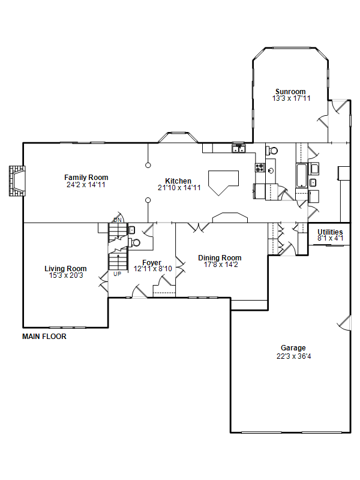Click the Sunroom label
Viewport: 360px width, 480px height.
coord(290,92)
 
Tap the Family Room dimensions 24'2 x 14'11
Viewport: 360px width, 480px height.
coord(86,185)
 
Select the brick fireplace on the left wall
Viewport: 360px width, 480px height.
coord(17,181)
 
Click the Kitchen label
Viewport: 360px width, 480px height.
coord(178,181)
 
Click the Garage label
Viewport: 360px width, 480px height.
coord(293,348)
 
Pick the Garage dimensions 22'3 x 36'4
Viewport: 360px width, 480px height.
coord(293,356)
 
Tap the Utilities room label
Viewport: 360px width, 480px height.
coord(330,232)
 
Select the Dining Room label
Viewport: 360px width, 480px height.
coord(220,258)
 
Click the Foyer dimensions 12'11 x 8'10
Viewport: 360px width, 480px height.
coord(153,269)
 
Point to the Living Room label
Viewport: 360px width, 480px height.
coord(65,268)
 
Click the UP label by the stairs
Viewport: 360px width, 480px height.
coord(117,274)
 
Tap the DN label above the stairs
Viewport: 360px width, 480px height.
coord(118,220)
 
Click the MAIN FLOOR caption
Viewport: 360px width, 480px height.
coord(44,337)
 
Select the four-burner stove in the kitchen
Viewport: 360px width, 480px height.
coord(260,168)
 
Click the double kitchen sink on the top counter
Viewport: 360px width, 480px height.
coord(238,148)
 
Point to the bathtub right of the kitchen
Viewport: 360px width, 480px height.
coord(301,175)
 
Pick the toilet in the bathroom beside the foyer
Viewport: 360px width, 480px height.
coord(134,243)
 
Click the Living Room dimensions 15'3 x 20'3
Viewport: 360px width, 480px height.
coord(66,275)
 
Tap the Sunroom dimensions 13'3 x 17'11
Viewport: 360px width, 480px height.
coord(291,98)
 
